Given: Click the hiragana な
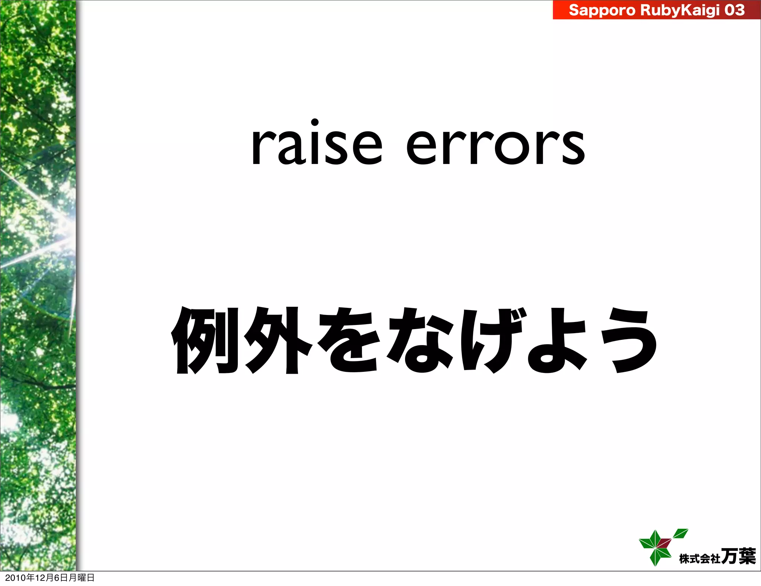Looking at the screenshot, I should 420,341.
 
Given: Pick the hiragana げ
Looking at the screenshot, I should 490,341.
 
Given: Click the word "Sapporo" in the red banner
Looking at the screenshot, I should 602,10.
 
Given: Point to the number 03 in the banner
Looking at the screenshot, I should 734,10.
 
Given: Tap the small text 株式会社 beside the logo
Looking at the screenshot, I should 700,558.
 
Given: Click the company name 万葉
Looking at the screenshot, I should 738,556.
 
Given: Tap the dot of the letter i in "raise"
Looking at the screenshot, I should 315,122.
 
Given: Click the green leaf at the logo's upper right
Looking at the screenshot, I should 681,533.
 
